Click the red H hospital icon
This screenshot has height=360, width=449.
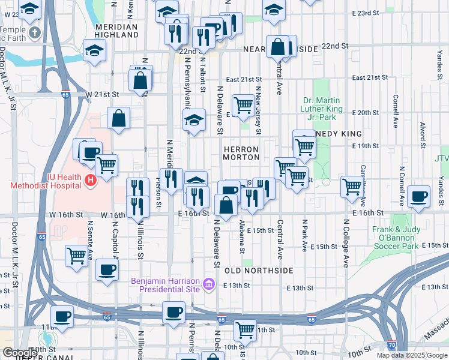click(90, 179)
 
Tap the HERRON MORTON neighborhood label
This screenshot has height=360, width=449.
click(241, 153)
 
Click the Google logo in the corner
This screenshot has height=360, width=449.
click(19, 353)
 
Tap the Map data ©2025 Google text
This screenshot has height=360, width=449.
click(411, 355)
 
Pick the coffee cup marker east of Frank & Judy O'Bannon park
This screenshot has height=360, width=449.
click(418, 196)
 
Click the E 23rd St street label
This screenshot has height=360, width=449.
click(366, 13)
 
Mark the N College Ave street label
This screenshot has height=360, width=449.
click(346, 242)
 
